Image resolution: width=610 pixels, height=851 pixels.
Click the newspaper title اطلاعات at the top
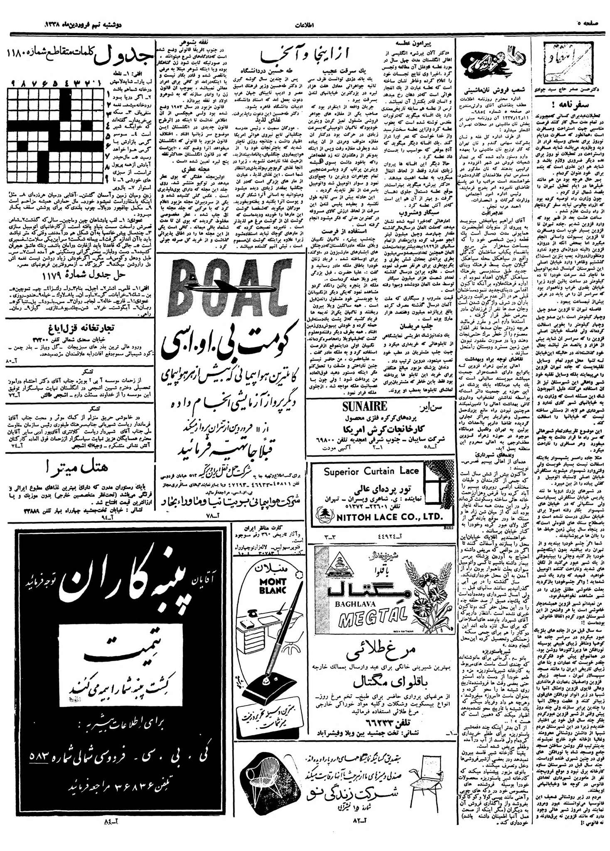[x=306, y=25]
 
